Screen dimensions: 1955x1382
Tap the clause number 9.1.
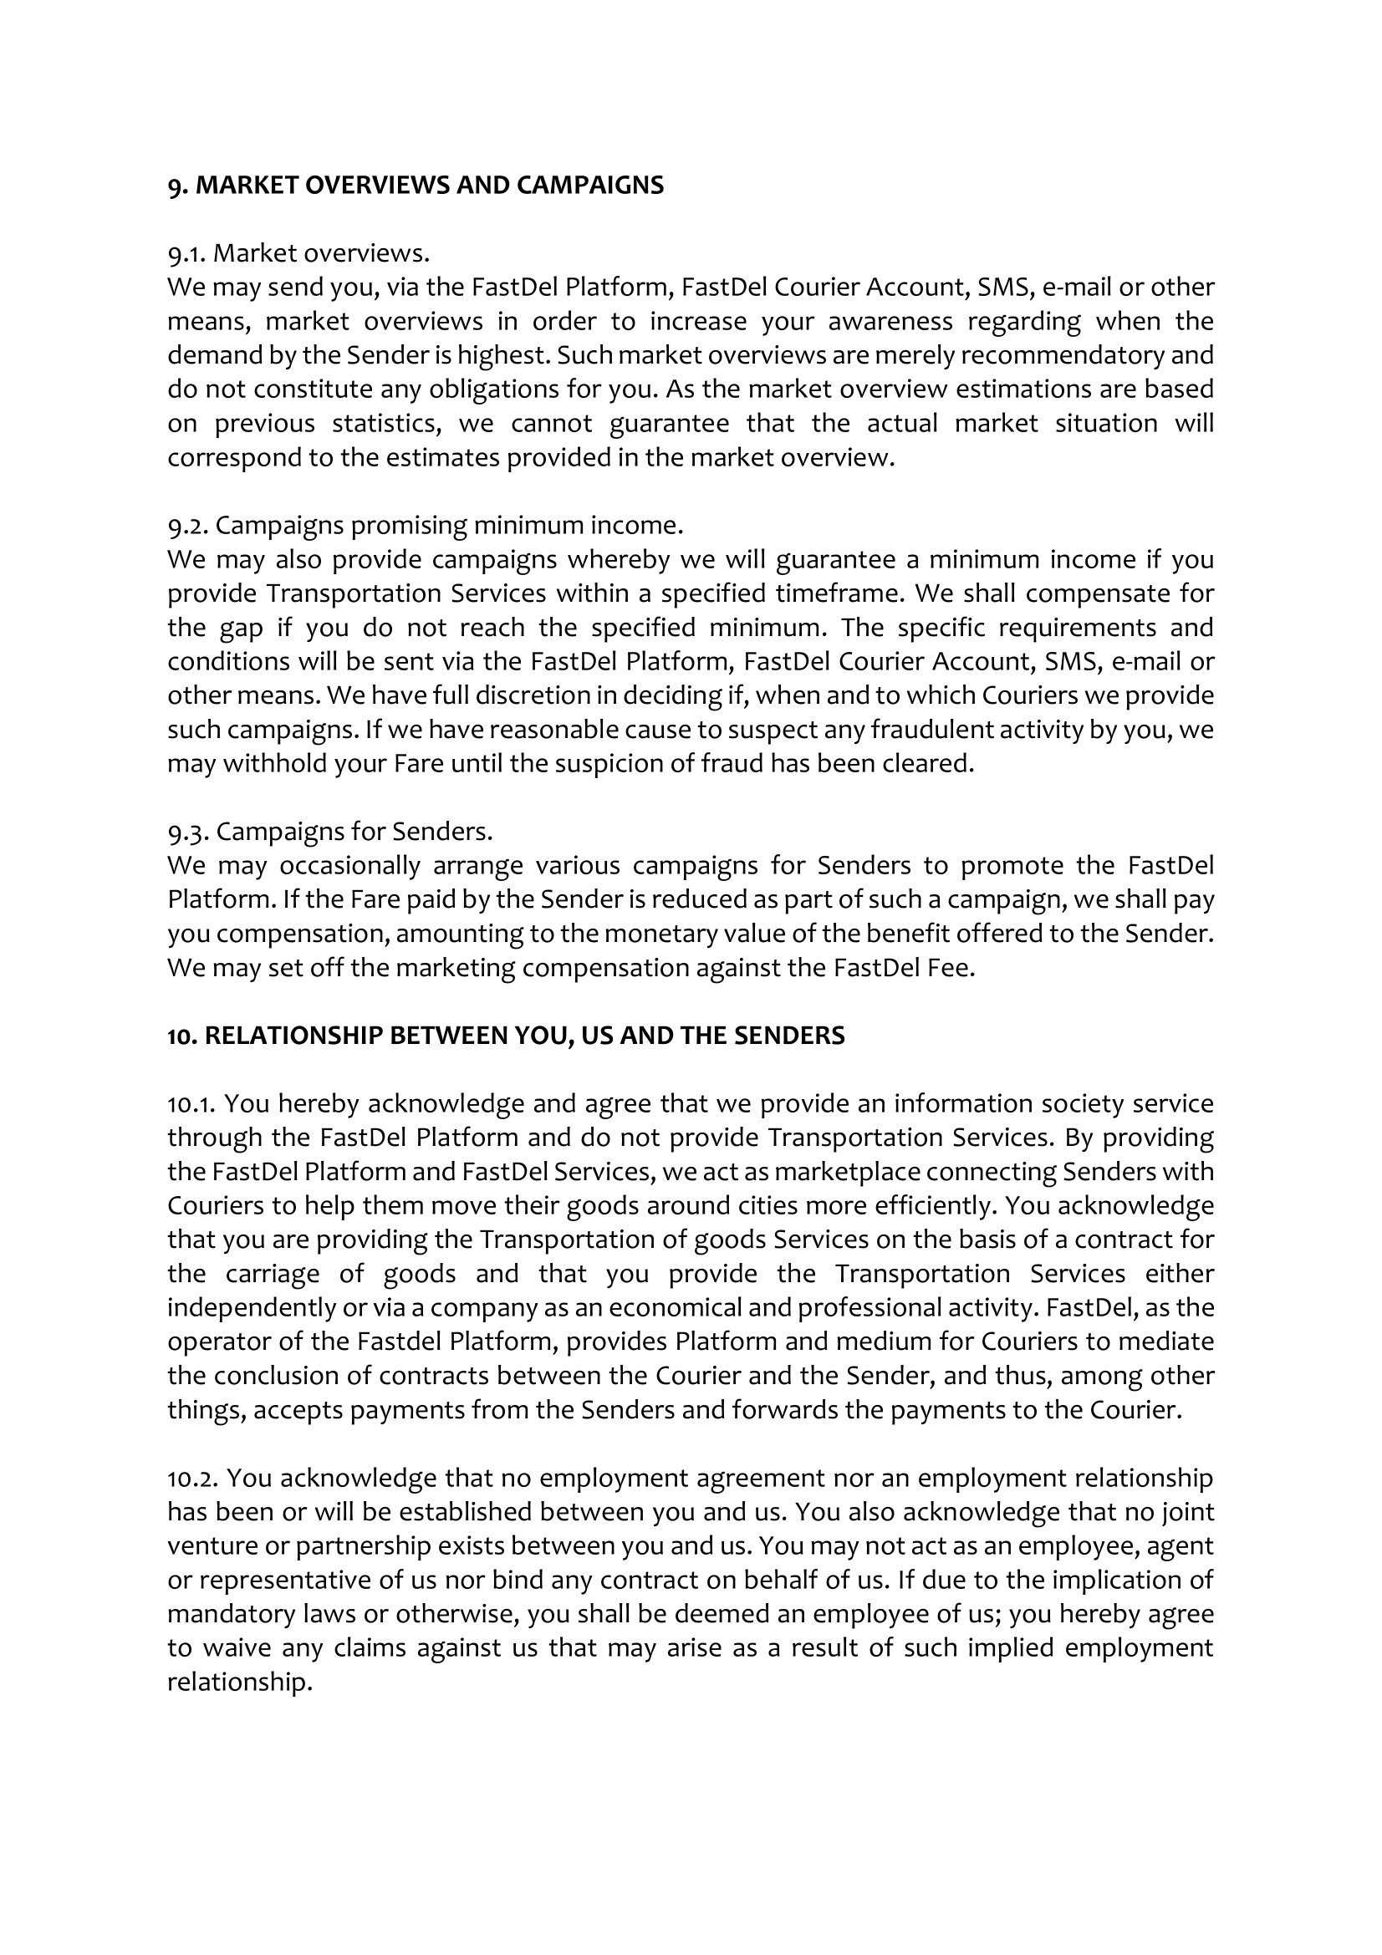click(x=186, y=253)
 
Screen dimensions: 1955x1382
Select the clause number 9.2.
click(x=187, y=526)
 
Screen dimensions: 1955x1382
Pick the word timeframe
click(x=835, y=593)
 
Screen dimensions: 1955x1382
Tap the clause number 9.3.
click(x=188, y=831)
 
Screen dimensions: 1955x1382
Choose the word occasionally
click(x=350, y=865)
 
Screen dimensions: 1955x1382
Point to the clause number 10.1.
click(x=192, y=1103)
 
